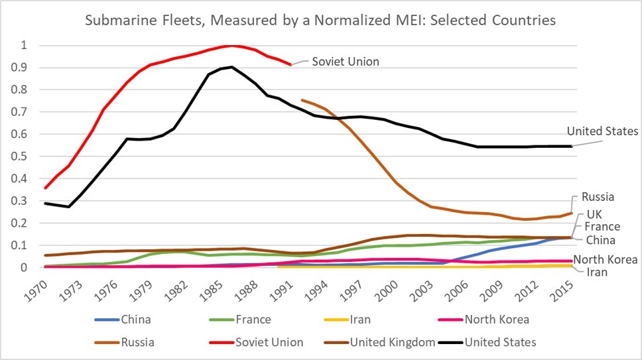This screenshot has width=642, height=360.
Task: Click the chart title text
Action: pos(320,21)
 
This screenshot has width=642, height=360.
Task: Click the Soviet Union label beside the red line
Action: pos(345,62)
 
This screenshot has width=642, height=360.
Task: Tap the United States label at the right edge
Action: pos(602,131)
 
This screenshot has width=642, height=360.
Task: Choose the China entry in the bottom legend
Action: pos(136,320)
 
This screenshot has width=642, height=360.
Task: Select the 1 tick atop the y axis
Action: pos(27,45)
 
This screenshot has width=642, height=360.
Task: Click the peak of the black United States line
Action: pos(231,67)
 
